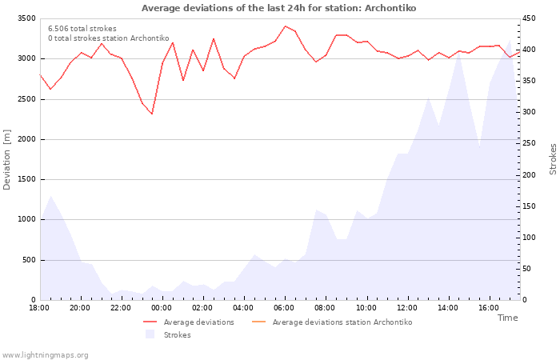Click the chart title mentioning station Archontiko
[x=278, y=8]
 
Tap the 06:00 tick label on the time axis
[x=284, y=308]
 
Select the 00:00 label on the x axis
[x=162, y=308]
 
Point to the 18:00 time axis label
[x=39, y=308]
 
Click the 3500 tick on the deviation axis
[x=26, y=18]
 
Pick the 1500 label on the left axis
[x=26, y=179]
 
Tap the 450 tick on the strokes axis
[x=529, y=18]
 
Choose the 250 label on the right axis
[x=529, y=143]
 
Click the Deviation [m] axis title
[x=6, y=160]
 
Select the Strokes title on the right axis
[x=553, y=159]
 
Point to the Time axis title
[x=507, y=318]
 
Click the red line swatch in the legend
[x=150, y=322]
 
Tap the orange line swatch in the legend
[x=259, y=322]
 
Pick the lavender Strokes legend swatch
[x=150, y=334]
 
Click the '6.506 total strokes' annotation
[x=82, y=29]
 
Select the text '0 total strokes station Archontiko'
[x=109, y=38]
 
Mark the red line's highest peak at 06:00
[x=285, y=26]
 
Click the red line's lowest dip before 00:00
[x=152, y=114]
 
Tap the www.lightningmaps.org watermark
[x=44, y=355]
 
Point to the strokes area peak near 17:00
[x=510, y=40]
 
